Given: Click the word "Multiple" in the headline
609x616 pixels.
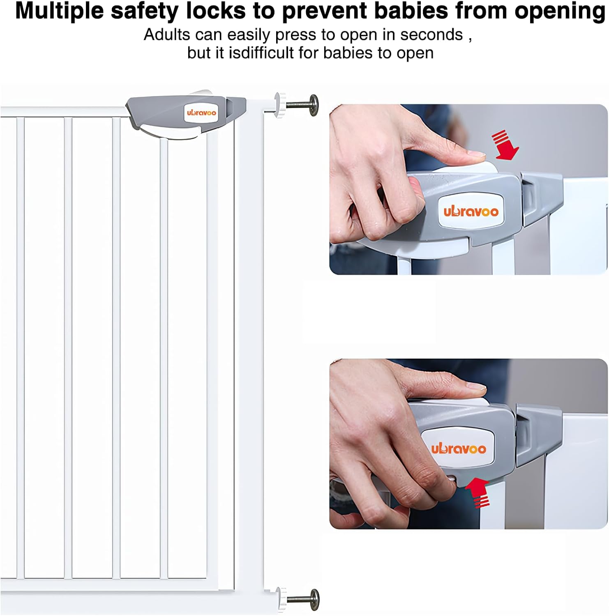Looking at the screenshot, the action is pyautogui.click(x=59, y=11).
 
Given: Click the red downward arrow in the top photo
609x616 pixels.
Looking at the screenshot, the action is pyautogui.click(x=505, y=145).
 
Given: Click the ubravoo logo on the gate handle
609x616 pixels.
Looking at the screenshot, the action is pyautogui.click(x=201, y=113).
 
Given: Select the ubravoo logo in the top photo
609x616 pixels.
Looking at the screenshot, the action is pyautogui.click(x=471, y=211).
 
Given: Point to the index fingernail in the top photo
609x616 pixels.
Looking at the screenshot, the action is pyautogui.click(x=477, y=155).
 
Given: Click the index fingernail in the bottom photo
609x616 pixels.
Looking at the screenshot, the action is pyautogui.click(x=477, y=386).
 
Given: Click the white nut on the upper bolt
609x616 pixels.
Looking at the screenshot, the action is pyautogui.click(x=280, y=105).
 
